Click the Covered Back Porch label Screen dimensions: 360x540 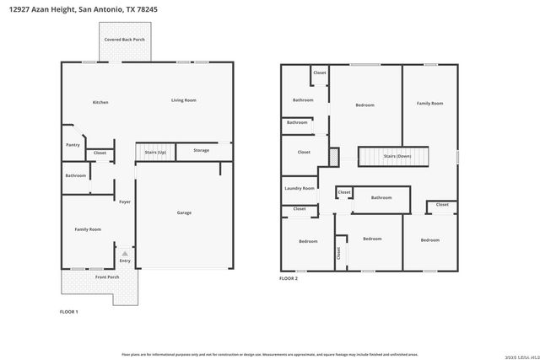(124, 40)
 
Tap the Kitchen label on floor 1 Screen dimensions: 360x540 (100, 102)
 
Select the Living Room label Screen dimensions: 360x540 (184, 100)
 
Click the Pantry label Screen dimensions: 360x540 (73, 144)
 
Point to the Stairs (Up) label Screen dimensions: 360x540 (155, 153)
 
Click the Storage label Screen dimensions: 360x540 (201, 150)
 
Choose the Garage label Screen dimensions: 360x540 (184, 212)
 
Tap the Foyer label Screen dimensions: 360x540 (124, 201)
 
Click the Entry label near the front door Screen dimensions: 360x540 (125, 261)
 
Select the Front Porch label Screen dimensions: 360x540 (107, 277)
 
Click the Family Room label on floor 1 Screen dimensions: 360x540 (88, 229)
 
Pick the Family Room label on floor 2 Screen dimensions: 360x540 (429, 104)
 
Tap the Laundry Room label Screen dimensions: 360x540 (300, 188)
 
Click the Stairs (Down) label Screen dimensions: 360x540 (397, 156)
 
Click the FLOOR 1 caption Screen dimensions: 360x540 (68, 312)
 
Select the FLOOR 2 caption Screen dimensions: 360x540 (289, 278)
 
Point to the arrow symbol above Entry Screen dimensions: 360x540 (125, 251)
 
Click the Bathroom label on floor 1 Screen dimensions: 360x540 (76, 175)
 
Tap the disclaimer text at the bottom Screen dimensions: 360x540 (269, 353)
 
